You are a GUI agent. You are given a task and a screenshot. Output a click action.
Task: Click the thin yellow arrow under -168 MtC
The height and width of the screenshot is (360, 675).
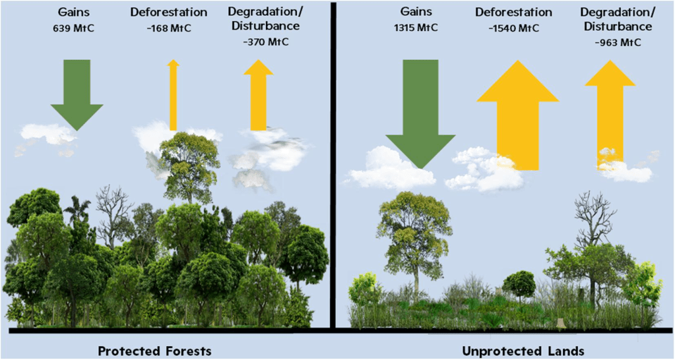point(174,96)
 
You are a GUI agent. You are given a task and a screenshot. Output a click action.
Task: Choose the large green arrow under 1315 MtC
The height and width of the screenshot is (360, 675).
point(420,112)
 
